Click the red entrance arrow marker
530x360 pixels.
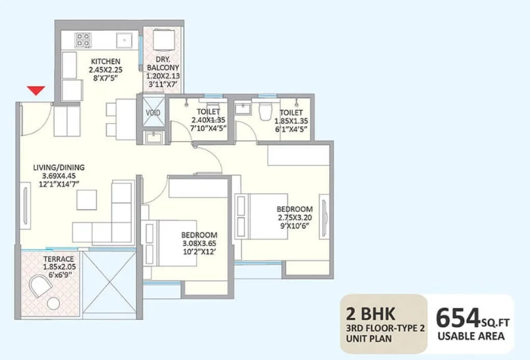point(36,90)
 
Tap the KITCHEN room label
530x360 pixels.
point(105,61)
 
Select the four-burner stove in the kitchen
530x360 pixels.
point(83,40)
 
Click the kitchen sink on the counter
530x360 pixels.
point(124,40)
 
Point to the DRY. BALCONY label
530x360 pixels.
point(163,64)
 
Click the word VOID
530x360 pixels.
point(153,113)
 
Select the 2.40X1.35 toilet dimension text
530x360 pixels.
point(208,120)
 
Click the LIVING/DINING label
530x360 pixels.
point(59,167)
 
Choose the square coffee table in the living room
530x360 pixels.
point(86,200)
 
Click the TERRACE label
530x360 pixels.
point(59,259)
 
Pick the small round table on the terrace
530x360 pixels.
point(53,303)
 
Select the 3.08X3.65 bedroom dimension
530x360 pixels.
point(199,244)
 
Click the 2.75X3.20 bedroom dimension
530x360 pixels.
point(295,217)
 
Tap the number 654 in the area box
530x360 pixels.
point(458,318)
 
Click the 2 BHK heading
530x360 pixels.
point(370,314)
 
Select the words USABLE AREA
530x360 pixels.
point(471,336)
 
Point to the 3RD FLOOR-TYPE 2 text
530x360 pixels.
point(385,328)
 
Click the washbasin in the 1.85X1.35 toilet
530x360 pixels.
point(243,109)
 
